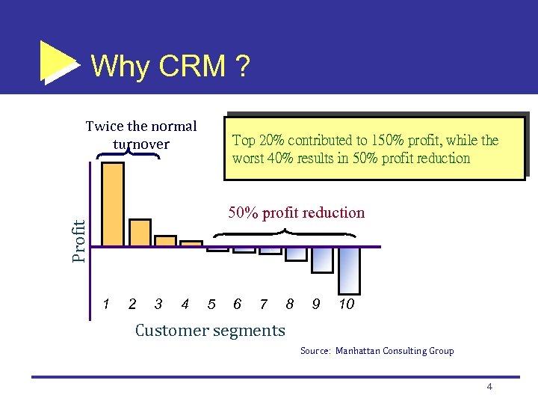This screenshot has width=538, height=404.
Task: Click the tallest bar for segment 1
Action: pos(112,204)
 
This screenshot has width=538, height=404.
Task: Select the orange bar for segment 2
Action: pos(140,232)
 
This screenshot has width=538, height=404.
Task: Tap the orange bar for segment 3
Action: pos(165,241)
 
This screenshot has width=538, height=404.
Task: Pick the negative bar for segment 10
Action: pos(349,270)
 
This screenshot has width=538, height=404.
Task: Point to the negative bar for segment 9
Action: pos(322,260)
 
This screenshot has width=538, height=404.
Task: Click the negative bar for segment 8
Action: pos(296,254)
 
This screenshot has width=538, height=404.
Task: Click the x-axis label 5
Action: pos(211,304)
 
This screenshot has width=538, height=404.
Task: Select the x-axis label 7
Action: pos(263,304)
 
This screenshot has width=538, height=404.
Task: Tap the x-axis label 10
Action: pos(347,304)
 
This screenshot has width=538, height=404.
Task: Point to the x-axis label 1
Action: pos(107,304)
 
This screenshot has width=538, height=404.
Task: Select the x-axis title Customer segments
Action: pos(210,330)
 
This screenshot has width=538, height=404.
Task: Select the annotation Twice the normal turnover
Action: pos(141,135)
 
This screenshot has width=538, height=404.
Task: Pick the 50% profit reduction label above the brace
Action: pos(296,212)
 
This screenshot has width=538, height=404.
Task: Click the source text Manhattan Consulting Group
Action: pos(394,351)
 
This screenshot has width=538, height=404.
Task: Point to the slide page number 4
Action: pos(489,387)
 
